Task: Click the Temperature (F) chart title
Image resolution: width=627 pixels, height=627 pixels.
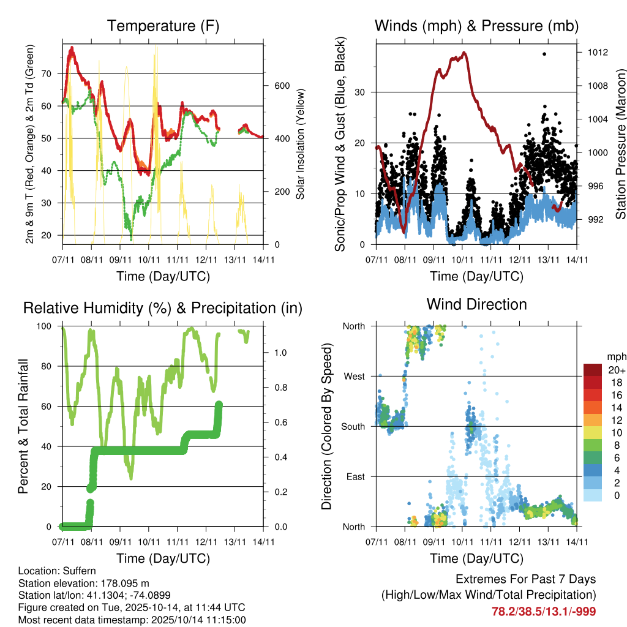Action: (x=163, y=26)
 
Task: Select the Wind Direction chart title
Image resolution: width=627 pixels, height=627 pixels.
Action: (x=476, y=304)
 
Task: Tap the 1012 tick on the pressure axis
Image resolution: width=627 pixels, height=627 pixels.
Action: (x=596, y=53)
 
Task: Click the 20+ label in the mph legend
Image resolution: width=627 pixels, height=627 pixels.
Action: (x=615, y=370)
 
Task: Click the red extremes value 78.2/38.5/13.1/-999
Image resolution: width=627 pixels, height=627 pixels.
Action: (x=544, y=611)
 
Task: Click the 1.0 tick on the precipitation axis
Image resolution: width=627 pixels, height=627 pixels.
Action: (x=280, y=353)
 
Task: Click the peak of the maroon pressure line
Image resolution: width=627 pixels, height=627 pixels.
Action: (x=465, y=53)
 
